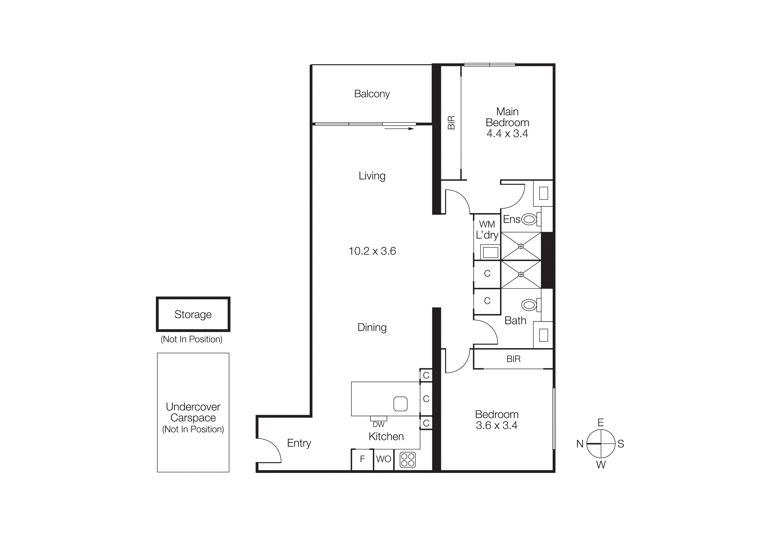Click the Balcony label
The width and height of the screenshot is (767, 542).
coord(372,94)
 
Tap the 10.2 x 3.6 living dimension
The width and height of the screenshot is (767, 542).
coord(372,251)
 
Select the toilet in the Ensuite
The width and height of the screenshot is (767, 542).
coord(529,220)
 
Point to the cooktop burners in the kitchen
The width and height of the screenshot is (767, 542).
coord(408,460)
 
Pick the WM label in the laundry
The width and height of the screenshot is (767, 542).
coord(487,224)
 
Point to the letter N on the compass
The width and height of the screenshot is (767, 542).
coord(580,444)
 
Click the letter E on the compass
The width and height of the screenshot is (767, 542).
coord(601,423)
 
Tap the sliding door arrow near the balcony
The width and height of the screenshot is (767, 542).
coord(399,129)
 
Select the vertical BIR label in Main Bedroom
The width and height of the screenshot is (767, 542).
coord(451,123)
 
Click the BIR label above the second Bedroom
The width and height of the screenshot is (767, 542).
coord(513,359)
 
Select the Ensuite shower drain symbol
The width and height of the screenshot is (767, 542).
coord(521,246)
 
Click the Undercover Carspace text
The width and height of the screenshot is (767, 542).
coord(193,412)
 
